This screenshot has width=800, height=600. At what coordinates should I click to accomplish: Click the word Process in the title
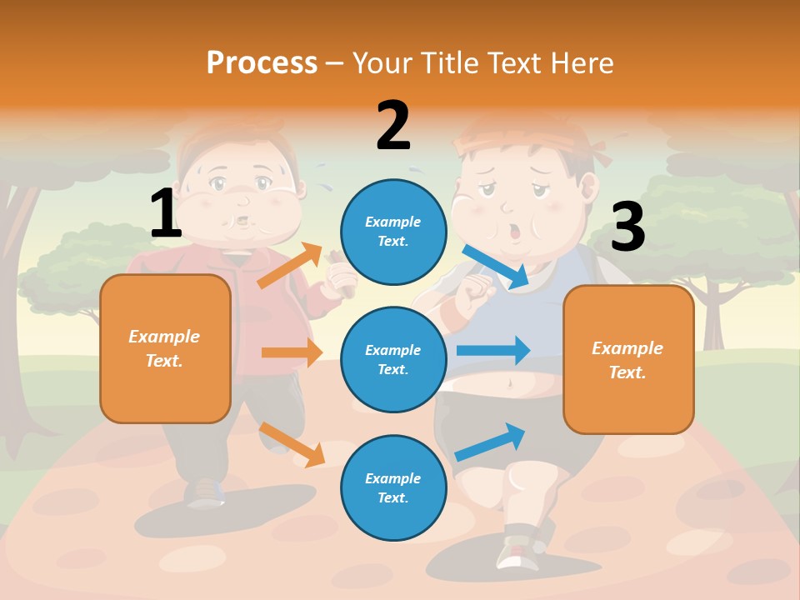[262, 62]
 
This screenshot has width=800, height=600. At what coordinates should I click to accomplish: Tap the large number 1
[166, 213]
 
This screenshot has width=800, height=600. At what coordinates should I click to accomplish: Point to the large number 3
[627, 227]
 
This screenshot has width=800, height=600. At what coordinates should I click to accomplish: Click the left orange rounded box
[165, 348]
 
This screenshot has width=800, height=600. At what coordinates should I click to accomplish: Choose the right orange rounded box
[628, 359]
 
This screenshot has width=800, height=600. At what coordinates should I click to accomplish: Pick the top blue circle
[394, 232]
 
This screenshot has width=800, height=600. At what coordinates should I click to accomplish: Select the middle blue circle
[394, 359]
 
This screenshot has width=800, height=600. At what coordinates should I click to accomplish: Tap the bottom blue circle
[394, 487]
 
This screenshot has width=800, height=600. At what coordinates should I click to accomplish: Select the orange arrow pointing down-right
[292, 444]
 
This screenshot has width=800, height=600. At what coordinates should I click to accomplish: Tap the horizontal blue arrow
[492, 350]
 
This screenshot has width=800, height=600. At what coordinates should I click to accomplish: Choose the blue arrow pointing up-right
[490, 442]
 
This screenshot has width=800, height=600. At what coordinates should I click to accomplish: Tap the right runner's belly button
[507, 384]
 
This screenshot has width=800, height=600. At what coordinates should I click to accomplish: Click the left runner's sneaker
[205, 492]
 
